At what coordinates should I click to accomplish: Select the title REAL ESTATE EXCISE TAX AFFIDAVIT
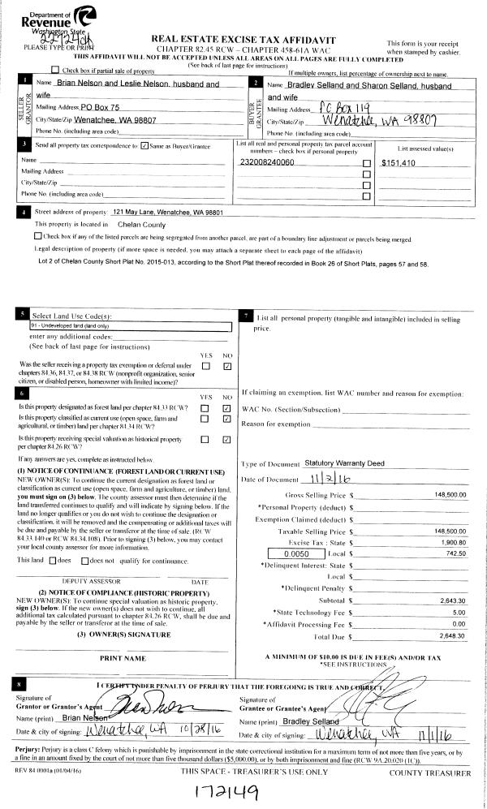[x=243, y=40]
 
